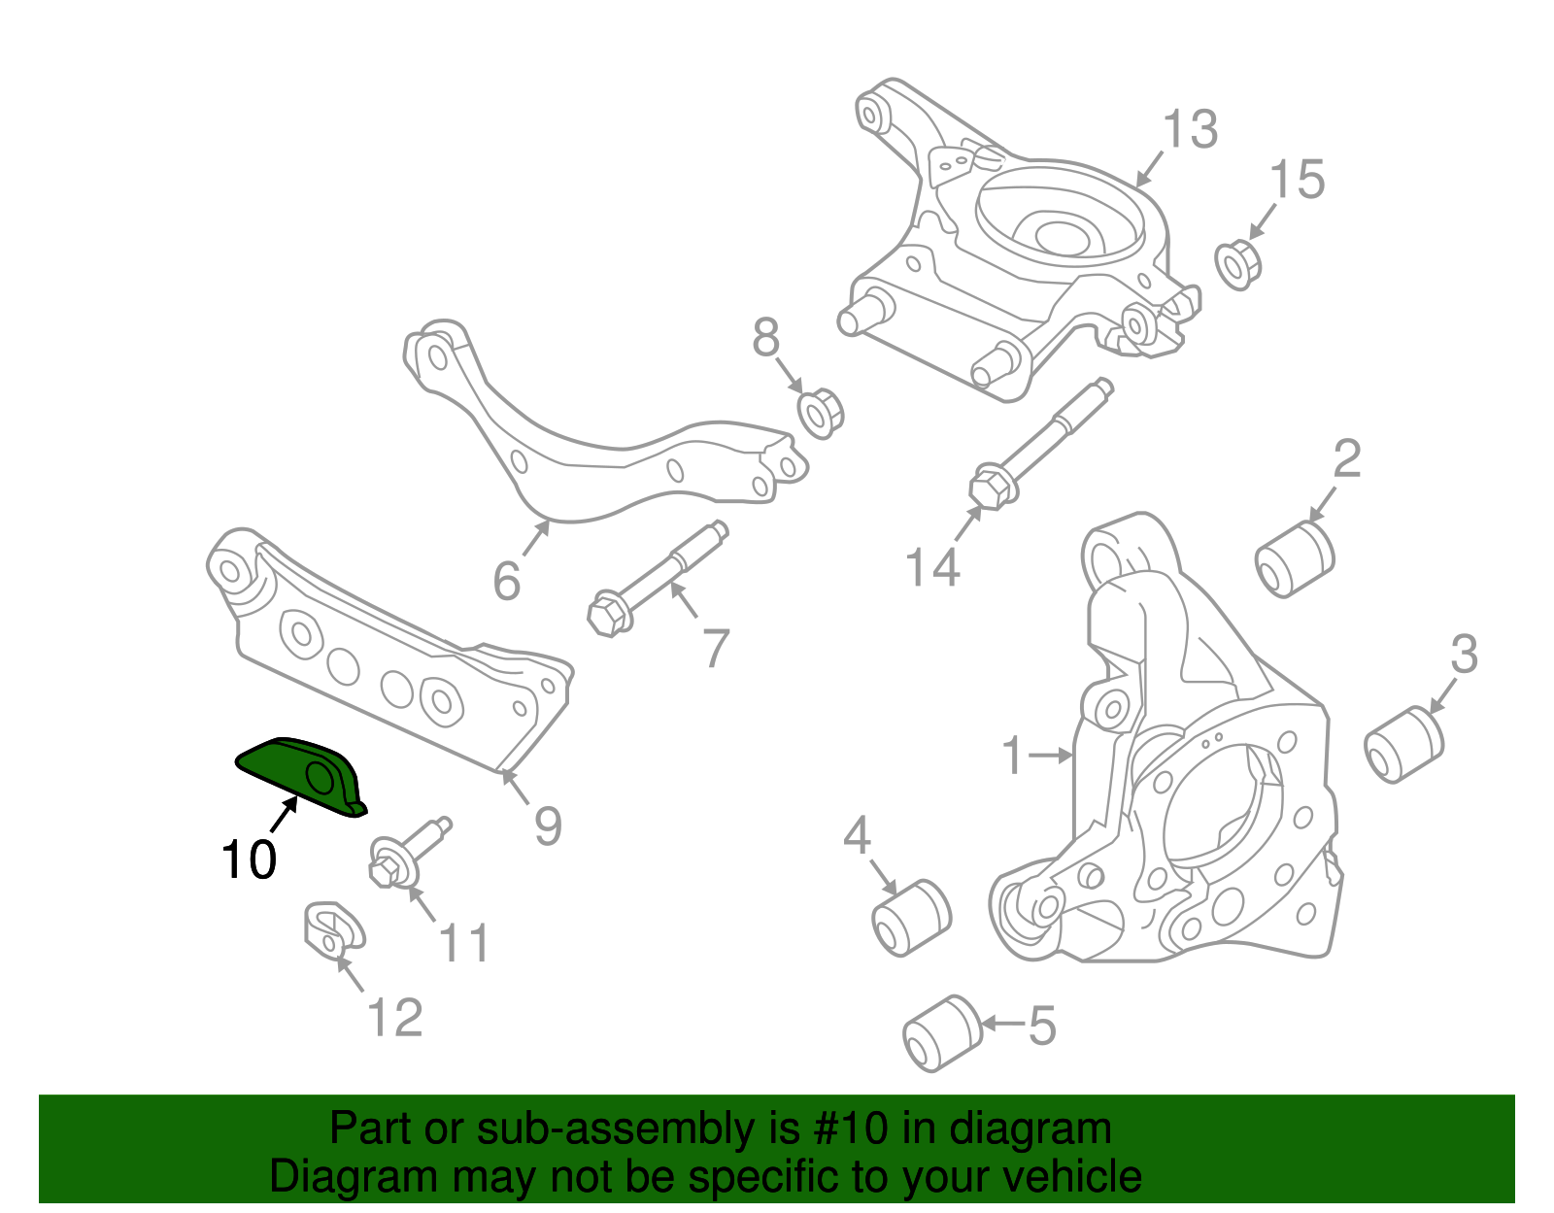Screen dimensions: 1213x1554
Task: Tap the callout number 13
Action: pos(1190,129)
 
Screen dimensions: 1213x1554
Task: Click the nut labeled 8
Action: pos(821,414)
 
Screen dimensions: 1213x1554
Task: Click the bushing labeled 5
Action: pos(943,1033)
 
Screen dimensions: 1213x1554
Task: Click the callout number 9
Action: pos(548,826)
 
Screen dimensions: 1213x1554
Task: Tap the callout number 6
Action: pos(507,581)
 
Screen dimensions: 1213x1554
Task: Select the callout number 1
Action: pos(1013,756)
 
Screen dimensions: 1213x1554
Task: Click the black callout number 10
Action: pos(249,859)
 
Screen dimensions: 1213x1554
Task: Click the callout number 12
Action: pos(395,1018)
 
